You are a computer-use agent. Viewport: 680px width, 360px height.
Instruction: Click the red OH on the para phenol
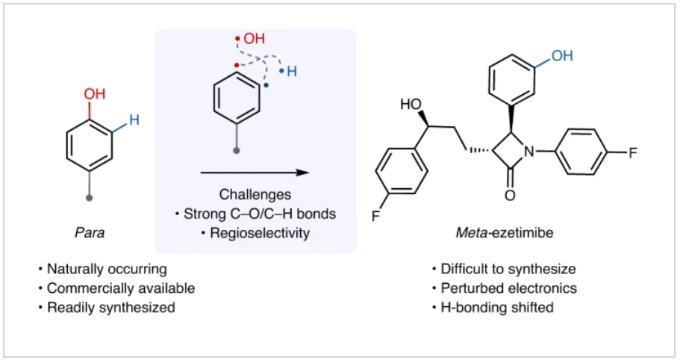[x=95, y=94]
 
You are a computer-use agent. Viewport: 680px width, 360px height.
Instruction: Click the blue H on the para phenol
[x=134, y=118]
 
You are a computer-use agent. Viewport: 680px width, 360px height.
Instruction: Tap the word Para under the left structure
[x=90, y=232]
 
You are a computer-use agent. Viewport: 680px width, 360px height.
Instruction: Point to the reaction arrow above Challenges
[x=255, y=173]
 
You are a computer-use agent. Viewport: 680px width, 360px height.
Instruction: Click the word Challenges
[x=255, y=196]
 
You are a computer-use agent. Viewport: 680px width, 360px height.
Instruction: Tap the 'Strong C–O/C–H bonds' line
[x=255, y=214]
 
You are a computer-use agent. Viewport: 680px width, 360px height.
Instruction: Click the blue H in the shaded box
[x=292, y=72]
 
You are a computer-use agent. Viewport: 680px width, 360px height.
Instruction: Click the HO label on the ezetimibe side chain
[x=411, y=104]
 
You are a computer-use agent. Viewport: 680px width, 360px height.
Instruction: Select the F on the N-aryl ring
[x=633, y=152]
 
